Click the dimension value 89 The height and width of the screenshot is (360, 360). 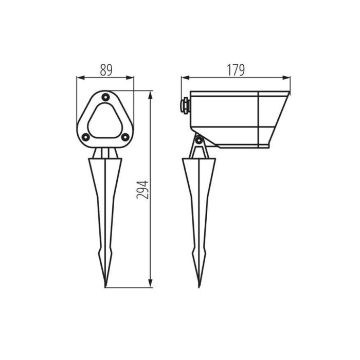pyautogui.click(x=106, y=70)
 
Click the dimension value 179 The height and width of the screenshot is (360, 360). pyautogui.click(x=236, y=70)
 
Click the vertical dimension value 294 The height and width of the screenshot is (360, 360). pyautogui.click(x=142, y=190)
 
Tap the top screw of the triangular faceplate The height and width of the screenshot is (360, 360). pyautogui.click(x=105, y=97)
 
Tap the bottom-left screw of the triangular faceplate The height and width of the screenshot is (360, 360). pyautogui.click(x=86, y=137)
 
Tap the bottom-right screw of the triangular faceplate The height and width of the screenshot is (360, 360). pyautogui.click(x=125, y=137)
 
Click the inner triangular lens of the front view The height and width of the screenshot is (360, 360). pyautogui.click(x=105, y=121)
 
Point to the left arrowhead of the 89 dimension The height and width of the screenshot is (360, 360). pyautogui.click(x=80, y=78)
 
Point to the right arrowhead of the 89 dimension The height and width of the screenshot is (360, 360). pyautogui.click(x=130, y=78)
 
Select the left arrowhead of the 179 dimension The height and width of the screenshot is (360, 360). pyautogui.click(x=185, y=78)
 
